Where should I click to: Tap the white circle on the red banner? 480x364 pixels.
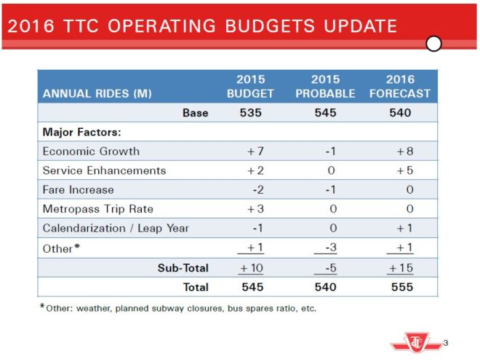point(433,44)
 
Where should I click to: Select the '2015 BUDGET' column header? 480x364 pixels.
point(250,87)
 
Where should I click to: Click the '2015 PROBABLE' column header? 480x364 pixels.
point(326,87)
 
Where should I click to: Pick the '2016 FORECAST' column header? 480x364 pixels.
point(399,87)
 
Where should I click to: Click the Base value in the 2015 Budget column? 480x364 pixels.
point(250,113)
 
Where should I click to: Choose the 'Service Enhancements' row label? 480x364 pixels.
point(105,170)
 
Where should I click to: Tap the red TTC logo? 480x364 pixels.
point(419,341)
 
